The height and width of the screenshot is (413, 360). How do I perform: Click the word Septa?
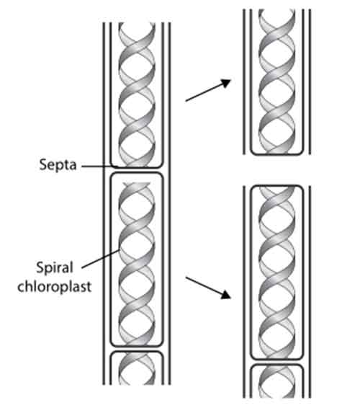pyautogui.click(x=58, y=165)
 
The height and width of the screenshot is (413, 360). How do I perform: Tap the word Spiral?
pyautogui.click(x=55, y=268)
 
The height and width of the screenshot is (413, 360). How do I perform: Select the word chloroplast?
pyautogui.click(x=55, y=286)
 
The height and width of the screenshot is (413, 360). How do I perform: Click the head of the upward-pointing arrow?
pyautogui.click(x=226, y=83)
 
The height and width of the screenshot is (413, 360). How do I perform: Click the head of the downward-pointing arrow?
pyautogui.click(x=226, y=295)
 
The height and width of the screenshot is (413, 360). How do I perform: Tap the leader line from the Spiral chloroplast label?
pyautogui.click(x=101, y=259)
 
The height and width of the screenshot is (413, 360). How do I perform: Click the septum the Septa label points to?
pyautogui.click(x=137, y=169)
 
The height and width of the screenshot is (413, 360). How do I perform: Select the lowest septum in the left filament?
pyautogui.click(x=137, y=348)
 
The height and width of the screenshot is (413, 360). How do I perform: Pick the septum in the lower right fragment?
pyautogui.click(x=277, y=362)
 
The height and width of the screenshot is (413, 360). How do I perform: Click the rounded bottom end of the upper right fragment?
pyautogui.click(x=277, y=154)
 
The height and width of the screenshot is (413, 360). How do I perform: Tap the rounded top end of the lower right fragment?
pyautogui.click(x=277, y=186)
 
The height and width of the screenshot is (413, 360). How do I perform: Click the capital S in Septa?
pyautogui.click(x=43, y=164)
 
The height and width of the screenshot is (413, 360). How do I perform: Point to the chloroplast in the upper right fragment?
pyautogui.click(x=277, y=81)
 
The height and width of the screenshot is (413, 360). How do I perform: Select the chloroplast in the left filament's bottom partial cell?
pyautogui.click(x=137, y=369)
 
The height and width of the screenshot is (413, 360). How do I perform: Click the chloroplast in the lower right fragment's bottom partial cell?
pyautogui.click(x=277, y=382)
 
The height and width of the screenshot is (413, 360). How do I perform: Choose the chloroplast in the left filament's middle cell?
pyautogui.click(x=137, y=263)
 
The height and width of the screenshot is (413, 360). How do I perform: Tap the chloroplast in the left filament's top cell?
pyautogui.click(x=137, y=95)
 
